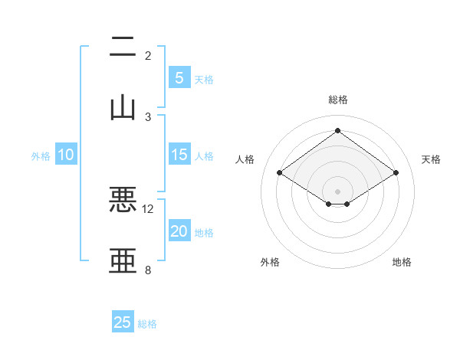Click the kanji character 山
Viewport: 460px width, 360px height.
pyautogui.click(x=123, y=106)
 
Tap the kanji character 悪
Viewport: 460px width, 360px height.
pyautogui.click(x=123, y=200)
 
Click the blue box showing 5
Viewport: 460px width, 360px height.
pyautogui.click(x=179, y=77)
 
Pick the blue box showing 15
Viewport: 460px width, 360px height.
pyautogui.click(x=179, y=155)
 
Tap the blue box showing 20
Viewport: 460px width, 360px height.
pyautogui.click(x=179, y=232)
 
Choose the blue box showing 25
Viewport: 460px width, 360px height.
pyautogui.click(x=123, y=322)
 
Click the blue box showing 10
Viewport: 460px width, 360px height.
pyautogui.click(x=66, y=155)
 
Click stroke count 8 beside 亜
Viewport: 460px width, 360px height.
pyautogui.click(x=148, y=270)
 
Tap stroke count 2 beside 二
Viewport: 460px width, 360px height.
pyautogui.click(x=148, y=56)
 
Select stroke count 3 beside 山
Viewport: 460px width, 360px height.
pyautogui.click(x=148, y=116)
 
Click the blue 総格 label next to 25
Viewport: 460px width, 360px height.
pyautogui.click(x=147, y=324)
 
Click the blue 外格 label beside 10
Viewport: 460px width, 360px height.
pyautogui.click(x=41, y=156)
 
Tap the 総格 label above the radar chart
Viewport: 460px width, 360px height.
pyautogui.click(x=337, y=100)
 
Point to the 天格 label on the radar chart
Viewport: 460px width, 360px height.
pyautogui.click(x=431, y=159)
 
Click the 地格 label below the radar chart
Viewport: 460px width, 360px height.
pyautogui.click(x=402, y=262)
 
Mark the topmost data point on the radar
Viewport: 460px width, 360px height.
pyautogui.click(x=337, y=130)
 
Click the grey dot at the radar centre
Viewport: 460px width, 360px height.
pyautogui.click(x=337, y=190)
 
